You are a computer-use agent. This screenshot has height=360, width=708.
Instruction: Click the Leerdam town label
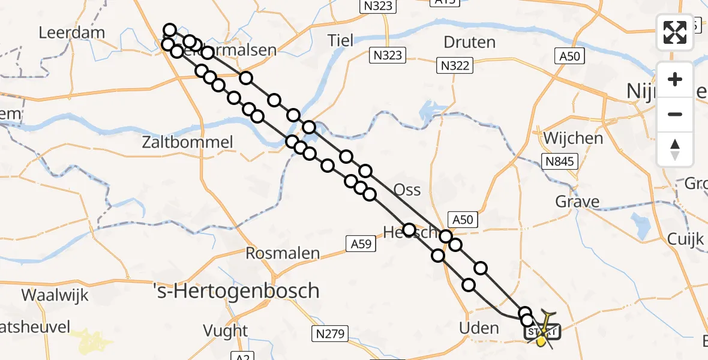(x=71, y=32)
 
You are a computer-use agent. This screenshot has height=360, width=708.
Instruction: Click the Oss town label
(x=407, y=190)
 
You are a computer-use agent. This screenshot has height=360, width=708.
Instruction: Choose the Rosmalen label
(x=283, y=253)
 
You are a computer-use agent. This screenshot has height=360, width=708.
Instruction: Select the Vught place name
(x=225, y=331)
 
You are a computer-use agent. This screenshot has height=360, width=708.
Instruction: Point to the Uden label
(x=478, y=328)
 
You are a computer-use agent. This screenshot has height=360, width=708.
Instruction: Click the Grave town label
(x=577, y=201)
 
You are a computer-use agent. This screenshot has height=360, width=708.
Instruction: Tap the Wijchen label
(x=573, y=138)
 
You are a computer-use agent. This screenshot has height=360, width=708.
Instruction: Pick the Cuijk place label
(x=685, y=239)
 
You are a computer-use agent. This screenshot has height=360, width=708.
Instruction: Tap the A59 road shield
(x=361, y=243)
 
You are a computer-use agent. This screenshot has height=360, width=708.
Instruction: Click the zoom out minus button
(x=675, y=114)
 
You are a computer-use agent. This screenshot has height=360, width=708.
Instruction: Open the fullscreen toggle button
(x=675, y=32)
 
